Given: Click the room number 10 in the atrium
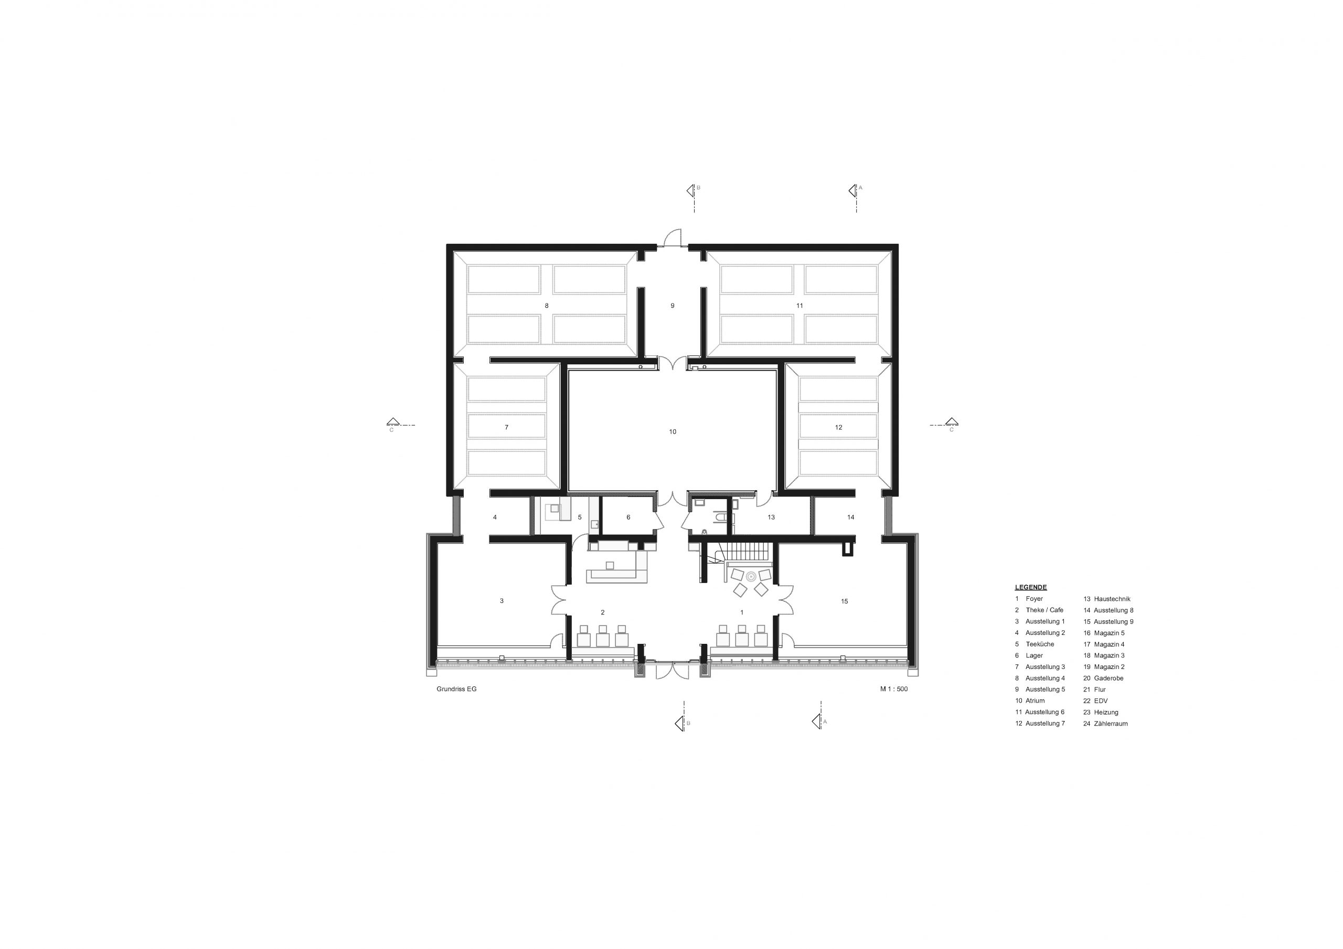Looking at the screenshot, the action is pyautogui.click(x=673, y=432).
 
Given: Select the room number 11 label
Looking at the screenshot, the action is pyautogui.click(x=800, y=305).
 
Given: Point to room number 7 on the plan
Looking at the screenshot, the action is pyautogui.click(x=507, y=427).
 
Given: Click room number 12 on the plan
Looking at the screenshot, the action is pyautogui.click(x=839, y=427).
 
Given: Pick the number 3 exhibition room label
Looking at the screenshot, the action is pyautogui.click(x=502, y=600).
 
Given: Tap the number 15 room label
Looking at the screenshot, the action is pyautogui.click(x=845, y=601).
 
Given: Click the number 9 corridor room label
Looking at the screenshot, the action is pyautogui.click(x=673, y=305).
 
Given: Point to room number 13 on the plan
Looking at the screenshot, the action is pyautogui.click(x=772, y=517).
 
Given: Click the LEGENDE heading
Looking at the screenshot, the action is pyautogui.click(x=1031, y=587).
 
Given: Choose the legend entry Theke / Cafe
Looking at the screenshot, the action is pyautogui.click(x=1044, y=610).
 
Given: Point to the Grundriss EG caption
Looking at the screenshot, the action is pyautogui.click(x=457, y=689).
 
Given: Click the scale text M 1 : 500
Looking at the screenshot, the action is pyautogui.click(x=894, y=689).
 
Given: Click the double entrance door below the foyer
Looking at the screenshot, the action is pyautogui.click(x=673, y=670).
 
